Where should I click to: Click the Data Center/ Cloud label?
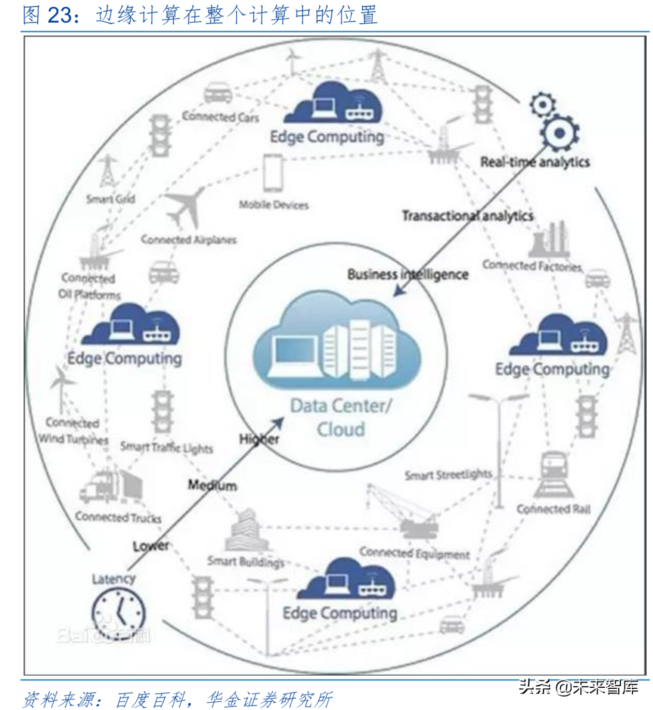340,418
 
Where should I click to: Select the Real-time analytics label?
535,162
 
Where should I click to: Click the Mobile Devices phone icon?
273,174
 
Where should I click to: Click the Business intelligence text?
407,274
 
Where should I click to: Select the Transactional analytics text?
467,216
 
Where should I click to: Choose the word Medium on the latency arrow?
212,486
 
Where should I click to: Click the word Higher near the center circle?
259,439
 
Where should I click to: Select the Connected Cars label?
220,117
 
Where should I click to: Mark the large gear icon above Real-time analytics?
560,133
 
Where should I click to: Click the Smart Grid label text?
110,198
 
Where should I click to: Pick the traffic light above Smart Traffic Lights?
162,411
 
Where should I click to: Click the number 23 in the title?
60,15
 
